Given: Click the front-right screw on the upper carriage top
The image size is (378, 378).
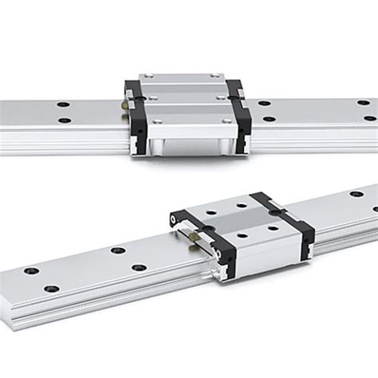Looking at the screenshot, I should [x=226, y=121].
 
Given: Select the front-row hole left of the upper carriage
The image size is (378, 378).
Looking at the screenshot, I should [x=64, y=121].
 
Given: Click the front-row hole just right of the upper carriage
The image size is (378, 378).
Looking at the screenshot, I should [x=270, y=120].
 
